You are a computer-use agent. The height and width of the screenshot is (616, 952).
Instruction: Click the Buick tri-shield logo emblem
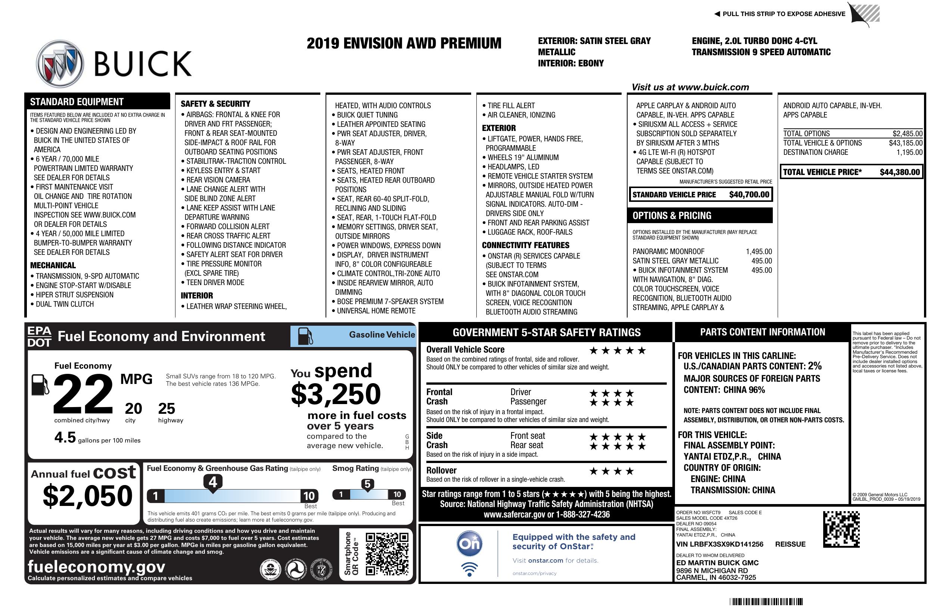(60, 63)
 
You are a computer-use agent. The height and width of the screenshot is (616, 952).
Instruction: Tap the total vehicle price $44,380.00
(900, 172)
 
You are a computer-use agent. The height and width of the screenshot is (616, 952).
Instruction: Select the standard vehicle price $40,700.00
(749, 195)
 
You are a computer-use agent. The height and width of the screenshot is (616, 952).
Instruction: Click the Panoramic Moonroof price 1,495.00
(758, 251)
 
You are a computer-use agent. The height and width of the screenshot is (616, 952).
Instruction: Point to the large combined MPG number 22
(83, 394)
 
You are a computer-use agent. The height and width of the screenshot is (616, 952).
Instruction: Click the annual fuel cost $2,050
(87, 496)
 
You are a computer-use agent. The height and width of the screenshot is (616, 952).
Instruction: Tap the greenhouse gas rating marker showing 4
(213, 482)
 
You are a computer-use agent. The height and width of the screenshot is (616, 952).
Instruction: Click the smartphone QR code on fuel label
(387, 554)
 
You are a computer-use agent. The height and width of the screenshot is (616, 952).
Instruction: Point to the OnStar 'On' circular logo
(469, 544)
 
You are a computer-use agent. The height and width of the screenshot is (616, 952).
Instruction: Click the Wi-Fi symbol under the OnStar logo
(469, 569)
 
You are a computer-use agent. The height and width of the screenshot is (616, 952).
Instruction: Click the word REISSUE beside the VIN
(790, 544)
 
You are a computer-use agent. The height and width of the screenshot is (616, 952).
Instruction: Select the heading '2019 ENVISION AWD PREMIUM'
(404, 43)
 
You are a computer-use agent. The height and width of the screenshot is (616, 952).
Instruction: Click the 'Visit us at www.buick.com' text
(690, 87)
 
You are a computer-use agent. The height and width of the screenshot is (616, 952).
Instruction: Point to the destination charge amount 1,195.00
(909, 152)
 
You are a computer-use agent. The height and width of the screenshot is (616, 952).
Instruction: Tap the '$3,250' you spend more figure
(336, 394)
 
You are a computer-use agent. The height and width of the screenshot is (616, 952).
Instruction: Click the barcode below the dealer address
(766, 601)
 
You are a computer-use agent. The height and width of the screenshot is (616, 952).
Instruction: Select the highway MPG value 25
(167, 409)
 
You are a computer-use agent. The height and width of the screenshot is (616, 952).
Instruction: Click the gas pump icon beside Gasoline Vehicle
(305, 336)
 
